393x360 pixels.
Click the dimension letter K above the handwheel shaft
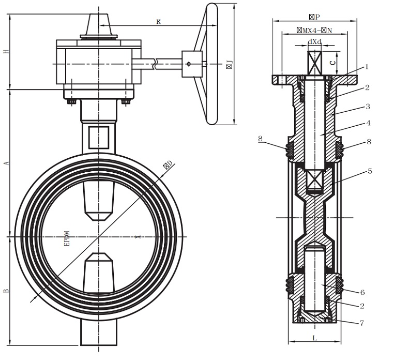pyautogui.click(x=158, y=22)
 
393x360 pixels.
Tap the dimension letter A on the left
pyautogui.click(x=6, y=163)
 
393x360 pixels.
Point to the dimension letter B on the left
pyautogui.click(x=6, y=291)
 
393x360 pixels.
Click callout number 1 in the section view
pyautogui.click(x=366, y=67)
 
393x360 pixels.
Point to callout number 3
pyautogui.click(x=367, y=107)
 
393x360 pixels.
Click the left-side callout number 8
pyautogui.click(x=260, y=139)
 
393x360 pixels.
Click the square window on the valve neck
pyautogui.click(x=98, y=138)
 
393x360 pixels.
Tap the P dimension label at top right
pyautogui.click(x=314, y=17)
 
